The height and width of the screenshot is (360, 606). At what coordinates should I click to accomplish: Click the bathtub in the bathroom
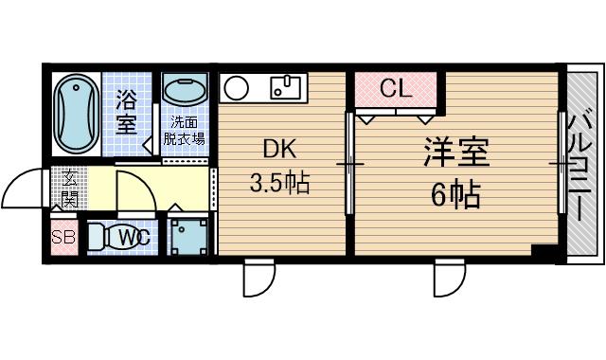(x=75, y=113)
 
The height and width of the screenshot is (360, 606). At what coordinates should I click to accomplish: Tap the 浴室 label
(x=127, y=111)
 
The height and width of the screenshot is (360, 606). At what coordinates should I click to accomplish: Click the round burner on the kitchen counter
(x=236, y=89)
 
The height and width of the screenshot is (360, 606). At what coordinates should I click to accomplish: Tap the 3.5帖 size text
(x=279, y=182)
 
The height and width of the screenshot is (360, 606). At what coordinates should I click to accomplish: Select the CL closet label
(x=395, y=89)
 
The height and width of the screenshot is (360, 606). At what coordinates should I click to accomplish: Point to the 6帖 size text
(x=454, y=197)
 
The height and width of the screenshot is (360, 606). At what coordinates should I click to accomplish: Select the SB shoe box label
(x=63, y=238)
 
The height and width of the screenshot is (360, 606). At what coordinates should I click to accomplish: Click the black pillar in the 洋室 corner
(x=541, y=250)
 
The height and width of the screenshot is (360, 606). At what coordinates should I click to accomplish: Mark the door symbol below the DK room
(x=258, y=278)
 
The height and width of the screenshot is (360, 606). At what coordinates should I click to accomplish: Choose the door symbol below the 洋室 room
(x=450, y=278)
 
